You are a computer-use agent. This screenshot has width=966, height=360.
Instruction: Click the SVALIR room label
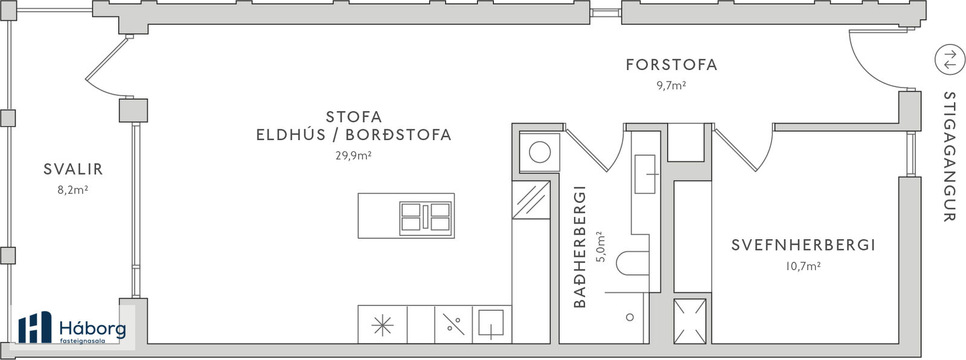pyautogui.click(x=73, y=169)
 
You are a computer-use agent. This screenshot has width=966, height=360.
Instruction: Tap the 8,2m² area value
pyautogui.click(x=73, y=190)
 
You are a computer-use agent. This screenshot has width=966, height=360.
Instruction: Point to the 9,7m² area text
pyautogui.click(x=671, y=85)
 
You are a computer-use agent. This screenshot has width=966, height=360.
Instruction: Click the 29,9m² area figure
pyautogui.click(x=354, y=155)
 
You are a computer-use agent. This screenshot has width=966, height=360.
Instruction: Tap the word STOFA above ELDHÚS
pyautogui.click(x=354, y=117)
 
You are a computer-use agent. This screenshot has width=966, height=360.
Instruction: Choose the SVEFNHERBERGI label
pyautogui.click(x=804, y=245)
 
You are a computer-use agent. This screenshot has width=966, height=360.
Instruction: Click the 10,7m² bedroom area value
pyautogui.click(x=802, y=266)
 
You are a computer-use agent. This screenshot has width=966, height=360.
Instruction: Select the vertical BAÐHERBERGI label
pyautogui.click(x=580, y=247)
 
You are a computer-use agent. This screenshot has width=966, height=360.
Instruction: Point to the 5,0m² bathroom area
pyautogui.click(x=600, y=247)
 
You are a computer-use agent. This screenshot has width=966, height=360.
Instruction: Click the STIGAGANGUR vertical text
pyautogui.click(x=949, y=156)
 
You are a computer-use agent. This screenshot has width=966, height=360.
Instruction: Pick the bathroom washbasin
pyautogui.click(x=645, y=174)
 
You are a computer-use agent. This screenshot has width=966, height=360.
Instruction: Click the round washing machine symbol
pyautogui.click(x=540, y=152)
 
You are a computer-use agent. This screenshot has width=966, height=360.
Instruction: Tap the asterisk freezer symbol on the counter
pyautogui.click(x=382, y=325)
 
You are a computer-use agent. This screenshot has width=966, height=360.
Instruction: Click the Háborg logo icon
pyautogui.click(x=34, y=327)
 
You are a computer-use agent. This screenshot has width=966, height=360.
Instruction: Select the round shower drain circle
pyautogui.click(x=630, y=317)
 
